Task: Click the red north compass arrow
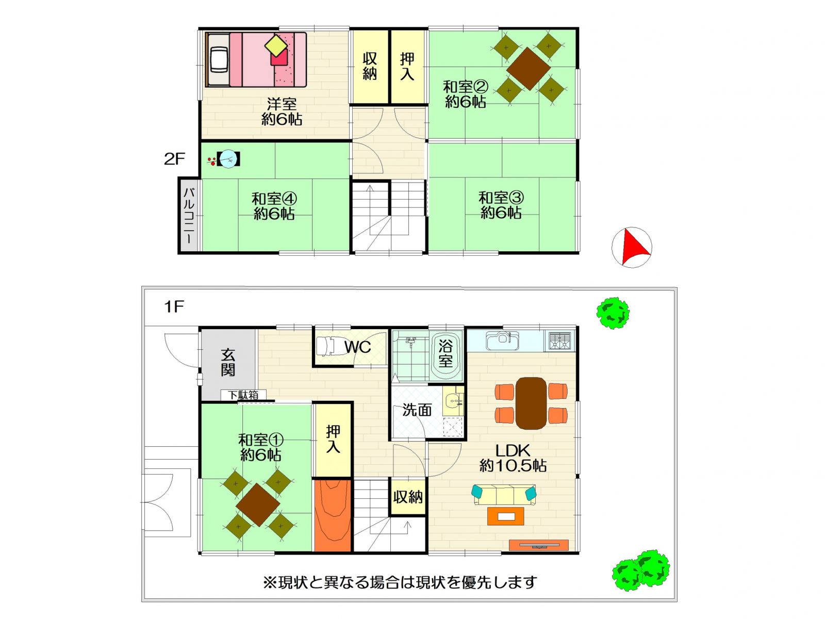(634, 247)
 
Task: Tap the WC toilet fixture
(325, 346)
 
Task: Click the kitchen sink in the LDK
(503, 340)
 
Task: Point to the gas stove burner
(559, 340)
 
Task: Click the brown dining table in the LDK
(531, 403)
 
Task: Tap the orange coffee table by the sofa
(505, 516)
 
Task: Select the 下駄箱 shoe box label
(243, 395)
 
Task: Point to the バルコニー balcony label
(189, 215)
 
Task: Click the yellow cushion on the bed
(276, 46)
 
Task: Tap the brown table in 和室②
(528, 69)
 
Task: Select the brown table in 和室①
(258, 505)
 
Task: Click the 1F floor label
(174, 307)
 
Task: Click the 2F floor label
(174, 159)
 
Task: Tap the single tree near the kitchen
(613, 313)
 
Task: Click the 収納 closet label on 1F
(408, 497)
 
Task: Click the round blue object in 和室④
(228, 159)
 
